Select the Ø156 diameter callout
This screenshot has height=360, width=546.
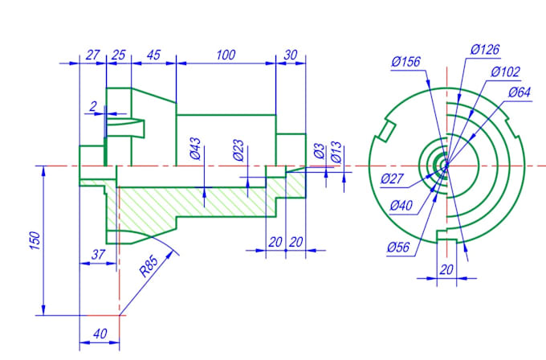407,62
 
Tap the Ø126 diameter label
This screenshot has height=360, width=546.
485,50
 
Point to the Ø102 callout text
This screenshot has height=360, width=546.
505,72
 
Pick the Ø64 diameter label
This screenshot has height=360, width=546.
519,92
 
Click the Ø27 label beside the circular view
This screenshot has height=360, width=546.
393,178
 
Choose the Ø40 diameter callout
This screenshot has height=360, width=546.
402,206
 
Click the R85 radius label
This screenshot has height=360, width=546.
149,264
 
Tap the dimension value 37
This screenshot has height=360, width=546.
98,255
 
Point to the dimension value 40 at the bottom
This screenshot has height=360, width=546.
99,333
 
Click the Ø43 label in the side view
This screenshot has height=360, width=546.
195,150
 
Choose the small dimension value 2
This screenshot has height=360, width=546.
93,106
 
